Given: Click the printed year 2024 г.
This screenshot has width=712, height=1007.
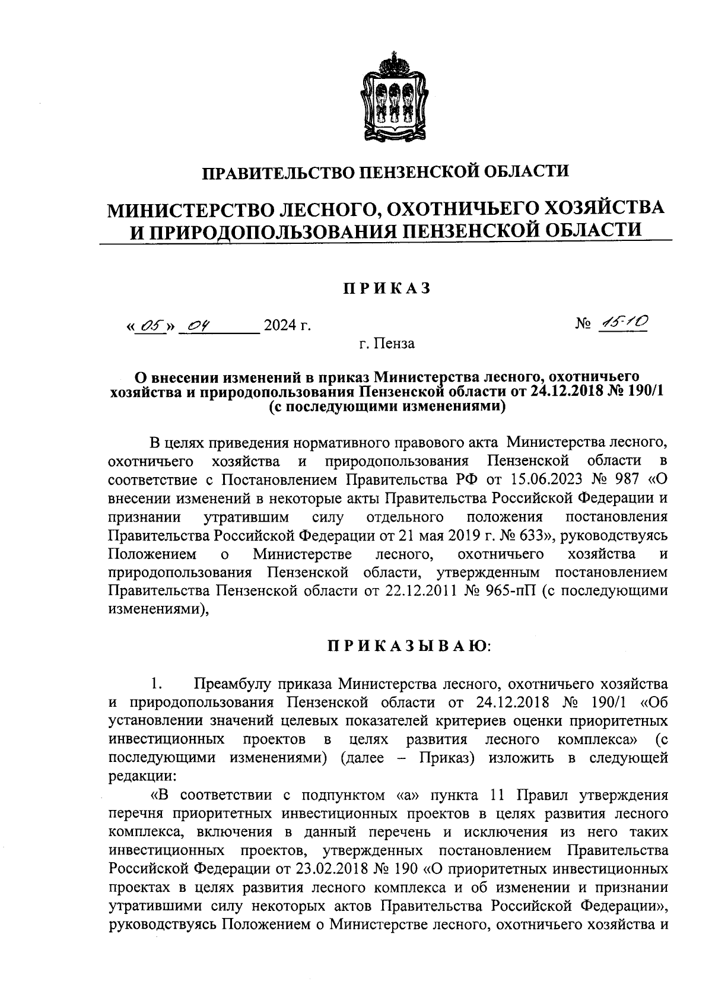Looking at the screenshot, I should (288, 326).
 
